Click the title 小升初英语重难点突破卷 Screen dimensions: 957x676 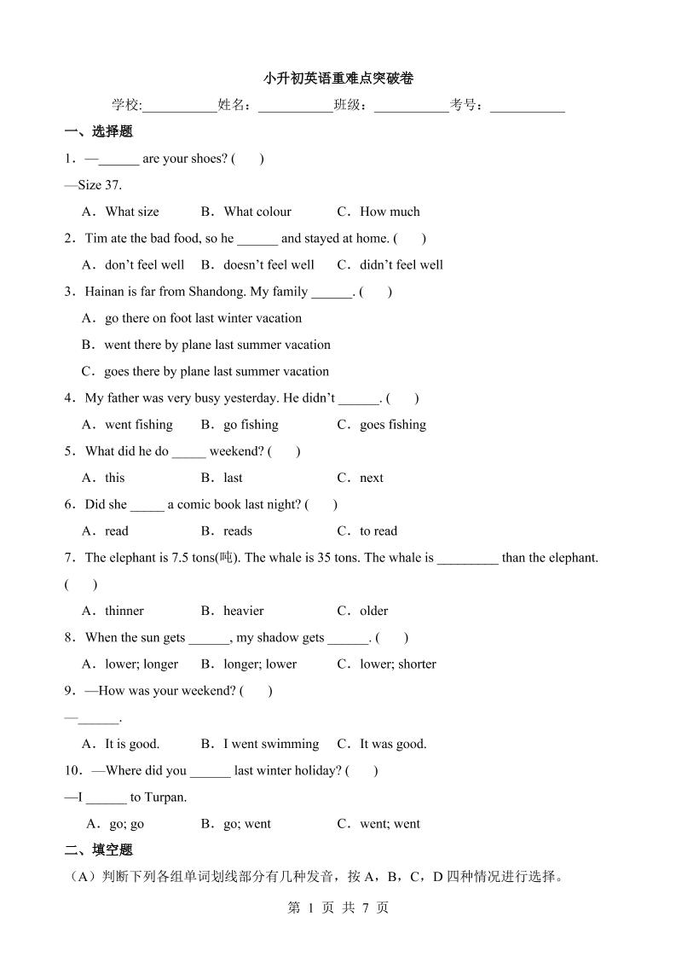(x=338, y=78)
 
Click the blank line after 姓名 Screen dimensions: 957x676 (x=295, y=107)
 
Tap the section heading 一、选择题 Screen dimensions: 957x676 (x=99, y=131)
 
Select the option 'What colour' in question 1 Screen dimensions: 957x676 (x=257, y=212)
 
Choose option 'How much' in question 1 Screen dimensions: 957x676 (x=390, y=212)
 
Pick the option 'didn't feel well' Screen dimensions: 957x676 (x=401, y=264)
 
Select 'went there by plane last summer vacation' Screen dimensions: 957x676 (x=217, y=345)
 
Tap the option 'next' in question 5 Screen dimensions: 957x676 (x=372, y=478)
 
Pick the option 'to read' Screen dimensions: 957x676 (x=378, y=531)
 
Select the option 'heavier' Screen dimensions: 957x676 (x=243, y=611)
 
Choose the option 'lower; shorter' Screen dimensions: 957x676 (x=397, y=664)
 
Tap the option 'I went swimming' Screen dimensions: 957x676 (x=270, y=744)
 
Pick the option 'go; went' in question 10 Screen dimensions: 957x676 (x=246, y=824)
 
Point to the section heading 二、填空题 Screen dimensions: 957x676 (x=99, y=850)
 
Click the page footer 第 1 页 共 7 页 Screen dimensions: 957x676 (x=338, y=908)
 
